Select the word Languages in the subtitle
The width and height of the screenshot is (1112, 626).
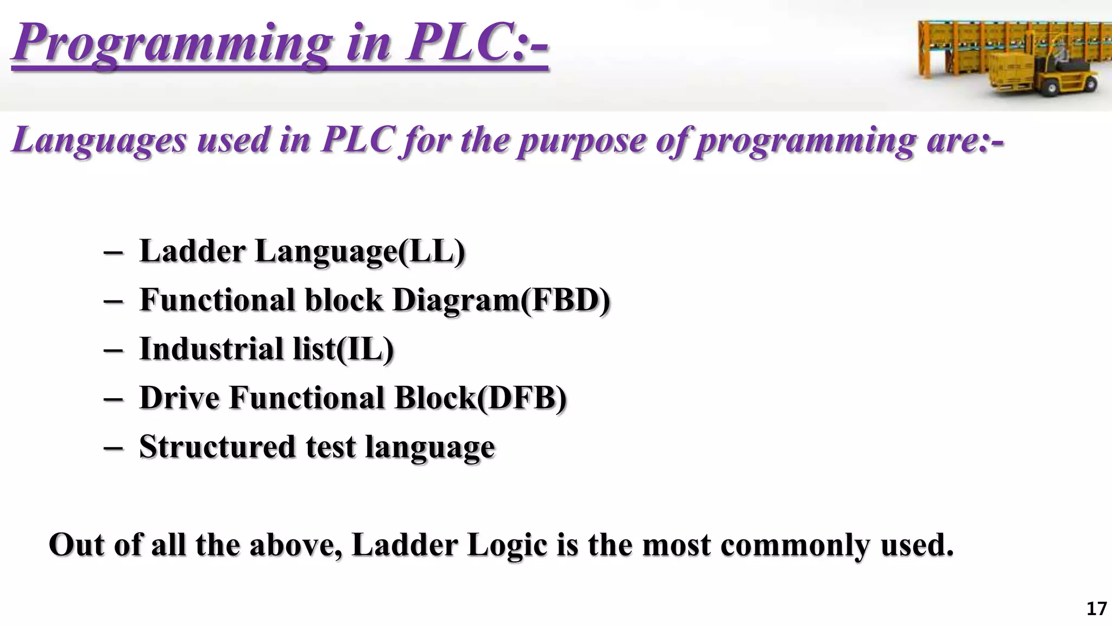coord(99,140)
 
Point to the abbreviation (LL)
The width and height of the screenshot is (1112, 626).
coord(432,252)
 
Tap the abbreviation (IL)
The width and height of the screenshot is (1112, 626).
coord(365,349)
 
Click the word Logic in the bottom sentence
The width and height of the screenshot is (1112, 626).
coord(507,545)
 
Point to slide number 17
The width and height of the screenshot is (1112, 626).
coord(1096,609)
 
